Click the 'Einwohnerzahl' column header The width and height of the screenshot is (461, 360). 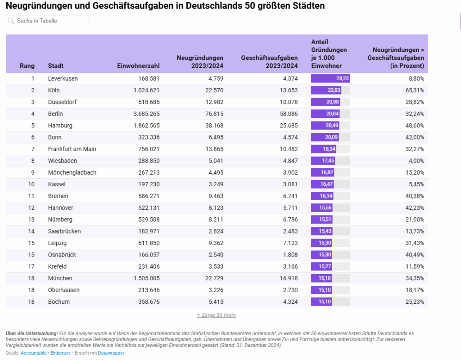coord(138,66)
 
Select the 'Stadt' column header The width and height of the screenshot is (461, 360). coord(56,66)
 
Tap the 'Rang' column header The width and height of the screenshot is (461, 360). coord(27,66)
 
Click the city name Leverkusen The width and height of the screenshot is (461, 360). coord(63,78)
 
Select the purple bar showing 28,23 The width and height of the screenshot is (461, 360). coord(330,78)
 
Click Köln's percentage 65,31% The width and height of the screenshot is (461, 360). coord(413,90)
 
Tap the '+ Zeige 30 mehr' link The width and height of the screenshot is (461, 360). coord(217,315)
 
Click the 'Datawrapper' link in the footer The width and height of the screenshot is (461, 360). coord(111,353)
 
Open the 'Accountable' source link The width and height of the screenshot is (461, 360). coord(34,353)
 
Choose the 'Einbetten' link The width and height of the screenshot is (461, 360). coord(60,353)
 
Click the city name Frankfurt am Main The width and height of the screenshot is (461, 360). coord(72,149)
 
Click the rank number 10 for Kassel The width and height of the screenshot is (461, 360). coord(31,184)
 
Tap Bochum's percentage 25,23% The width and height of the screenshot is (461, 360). coord(413,301)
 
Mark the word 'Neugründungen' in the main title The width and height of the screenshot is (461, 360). coord(36,6)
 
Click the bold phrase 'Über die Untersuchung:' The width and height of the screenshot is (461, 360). coord(32,333)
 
